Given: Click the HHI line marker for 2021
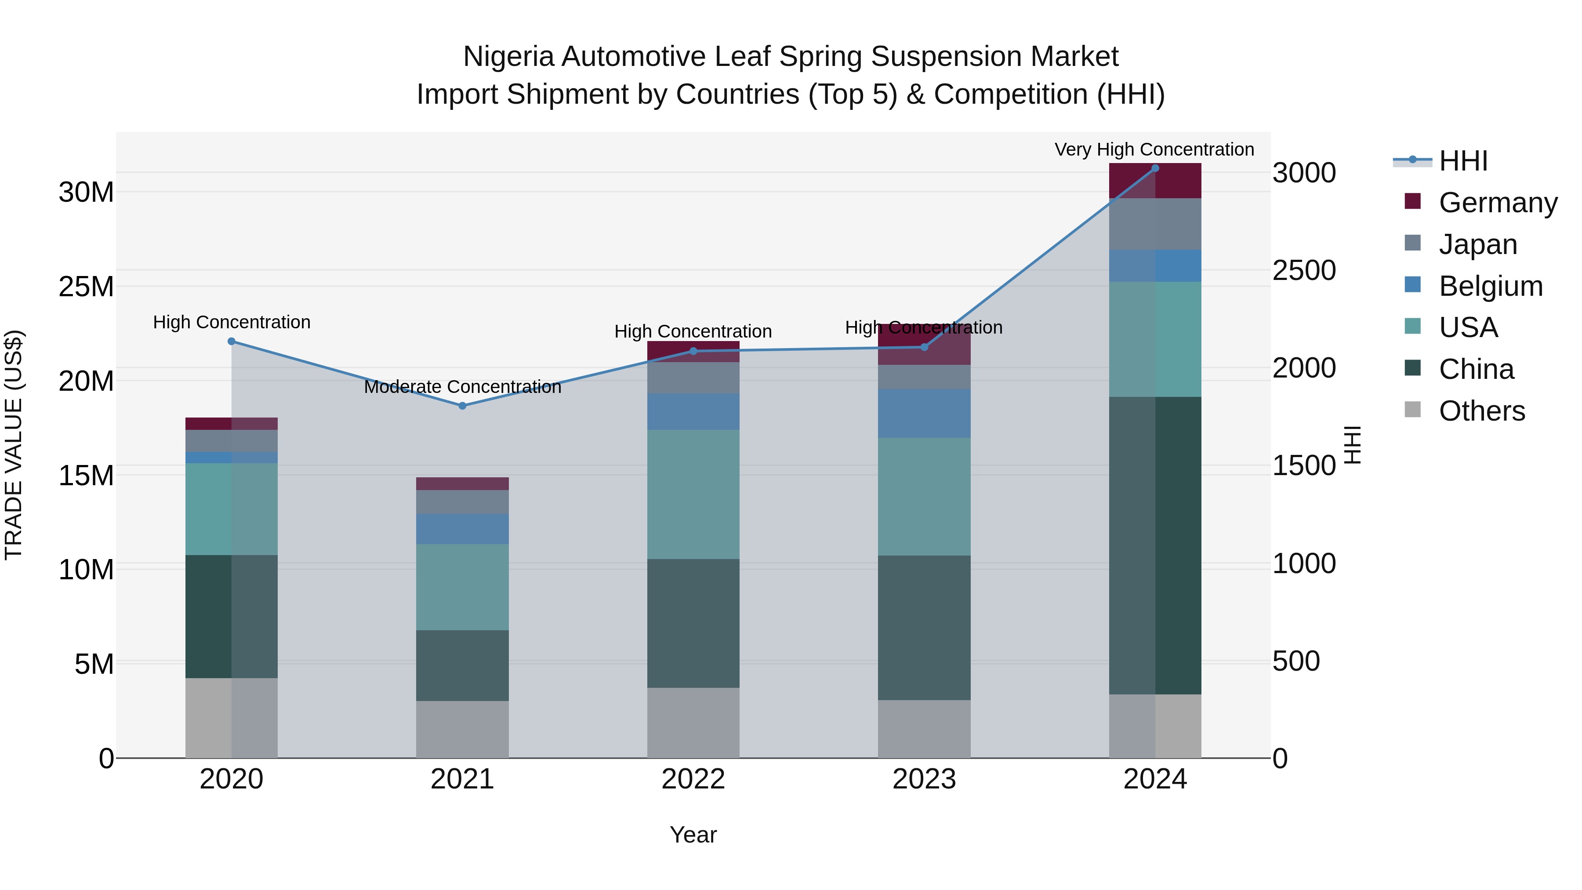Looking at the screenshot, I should (x=462, y=405).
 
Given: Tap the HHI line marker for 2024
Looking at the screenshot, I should (x=1154, y=168).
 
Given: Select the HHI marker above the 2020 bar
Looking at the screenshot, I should (x=232, y=341).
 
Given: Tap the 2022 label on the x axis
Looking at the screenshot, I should (x=693, y=779).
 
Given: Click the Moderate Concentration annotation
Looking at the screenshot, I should (x=462, y=387).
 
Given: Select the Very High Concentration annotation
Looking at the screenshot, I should (x=1154, y=149).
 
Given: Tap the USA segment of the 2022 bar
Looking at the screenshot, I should (x=693, y=494).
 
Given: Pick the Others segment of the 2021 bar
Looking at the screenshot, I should (x=462, y=729).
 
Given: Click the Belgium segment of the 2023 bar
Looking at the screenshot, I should (x=924, y=413).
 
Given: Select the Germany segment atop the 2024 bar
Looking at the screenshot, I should (x=1154, y=181).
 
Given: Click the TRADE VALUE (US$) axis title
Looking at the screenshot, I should (x=14, y=445).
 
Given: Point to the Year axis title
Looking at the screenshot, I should (x=693, y=835).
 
